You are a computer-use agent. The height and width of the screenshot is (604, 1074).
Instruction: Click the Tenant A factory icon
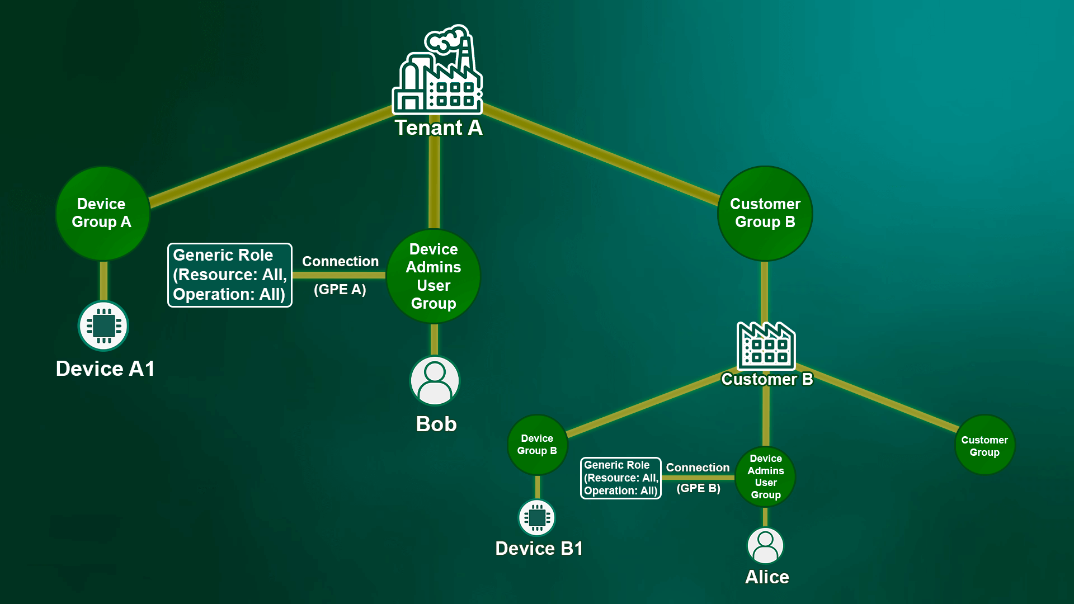tap(438, 70)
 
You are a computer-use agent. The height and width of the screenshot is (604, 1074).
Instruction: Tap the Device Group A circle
tap(102, 213)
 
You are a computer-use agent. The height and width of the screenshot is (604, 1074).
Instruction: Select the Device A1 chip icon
tap(103, 326)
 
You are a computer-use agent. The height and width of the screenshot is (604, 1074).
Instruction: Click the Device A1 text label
tap(105, 369)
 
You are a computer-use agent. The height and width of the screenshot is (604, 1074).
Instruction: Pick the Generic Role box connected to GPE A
tap(230, 275)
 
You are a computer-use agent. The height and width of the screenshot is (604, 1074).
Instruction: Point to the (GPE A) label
tap(340, 290)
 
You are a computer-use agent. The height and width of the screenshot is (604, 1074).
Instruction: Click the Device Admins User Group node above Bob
tap(434, 276)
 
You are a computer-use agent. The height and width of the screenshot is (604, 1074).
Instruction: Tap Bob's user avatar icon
tap(435, 380)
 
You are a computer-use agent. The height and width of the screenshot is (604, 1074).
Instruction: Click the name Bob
tap(436, 424)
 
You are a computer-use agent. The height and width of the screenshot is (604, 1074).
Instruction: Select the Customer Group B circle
tap(765, 213)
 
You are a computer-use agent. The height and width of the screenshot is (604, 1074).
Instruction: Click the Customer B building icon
tap(766, 346)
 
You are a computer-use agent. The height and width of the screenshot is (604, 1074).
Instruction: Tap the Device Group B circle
tap(537, 445)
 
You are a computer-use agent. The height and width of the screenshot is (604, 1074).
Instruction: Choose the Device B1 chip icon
tap(537, 517)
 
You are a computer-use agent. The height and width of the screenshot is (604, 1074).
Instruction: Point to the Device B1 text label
tap(539, 549)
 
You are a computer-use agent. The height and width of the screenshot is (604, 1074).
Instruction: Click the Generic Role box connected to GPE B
tap(621, 478)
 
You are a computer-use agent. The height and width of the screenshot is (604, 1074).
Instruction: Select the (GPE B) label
tap(698, 488)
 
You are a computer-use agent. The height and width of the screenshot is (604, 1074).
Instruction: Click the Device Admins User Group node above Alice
tap(765, 476)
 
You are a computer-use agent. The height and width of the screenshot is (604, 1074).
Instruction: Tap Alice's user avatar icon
tap(765, 545)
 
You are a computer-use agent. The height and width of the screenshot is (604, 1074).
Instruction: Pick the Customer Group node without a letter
tap(984, 445)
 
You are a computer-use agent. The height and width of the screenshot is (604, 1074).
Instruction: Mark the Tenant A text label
tap(439, 128)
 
